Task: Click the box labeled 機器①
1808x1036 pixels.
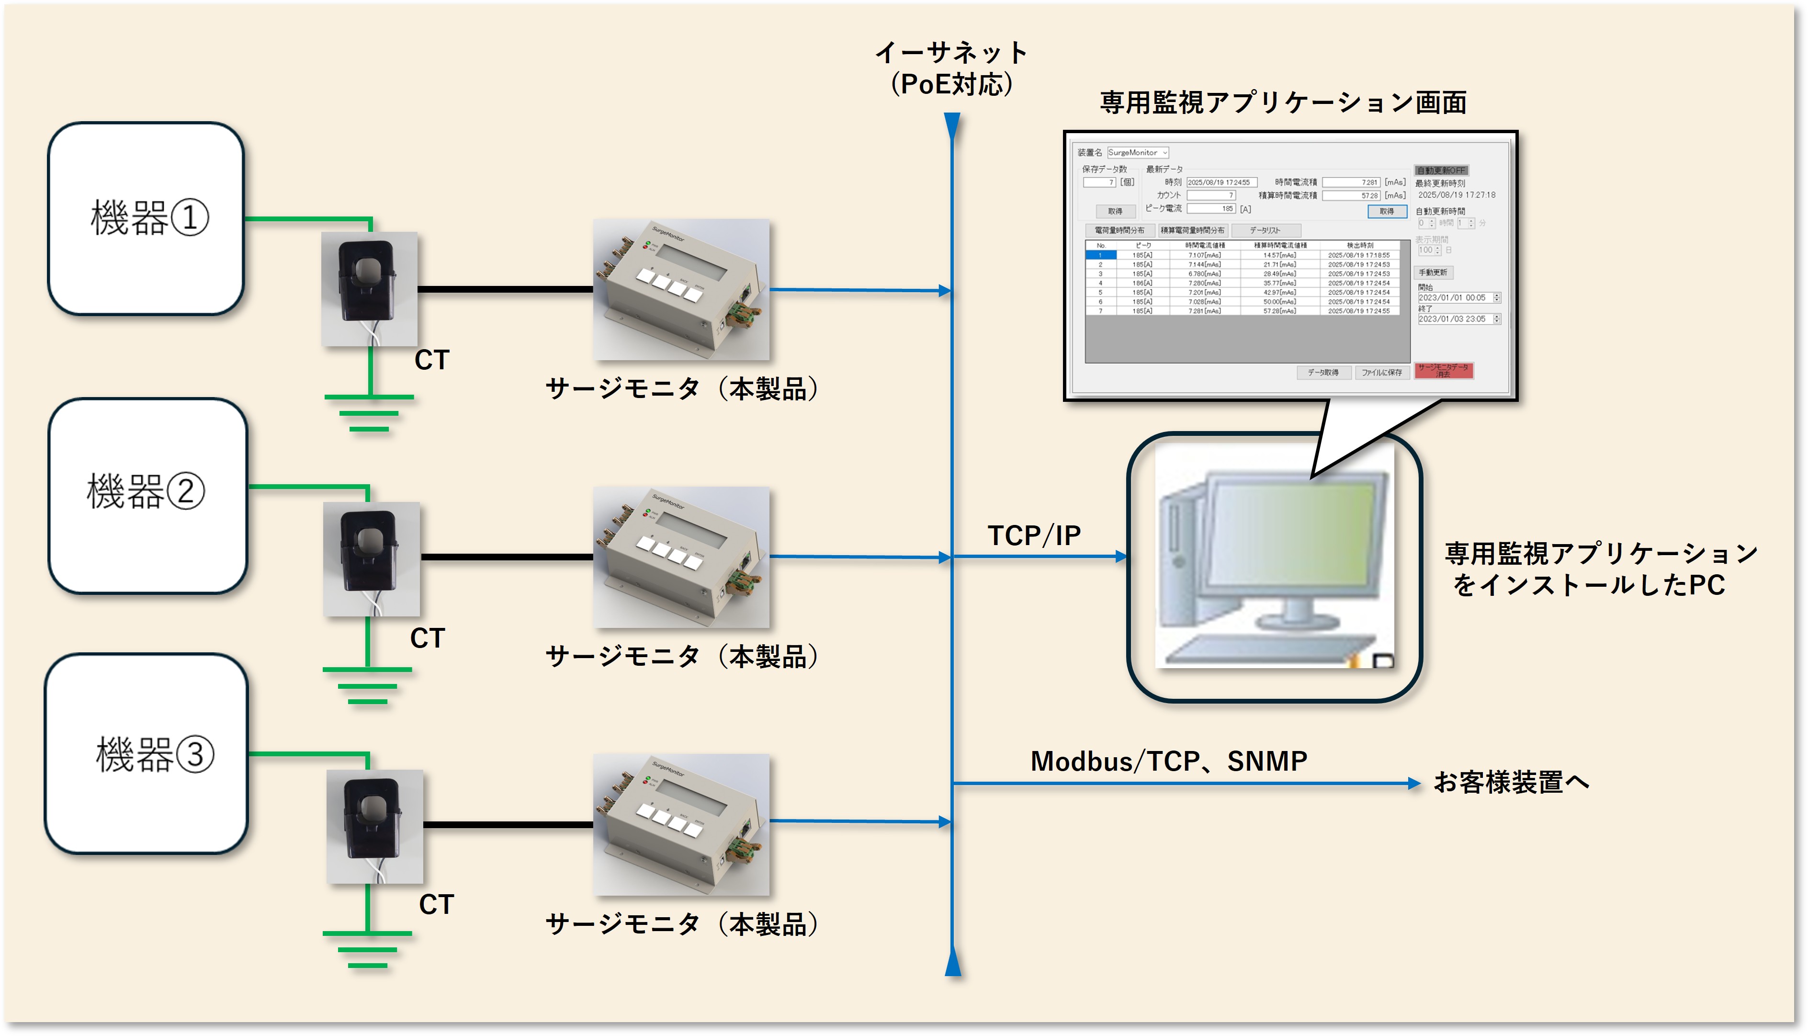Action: click(x=147, y=218)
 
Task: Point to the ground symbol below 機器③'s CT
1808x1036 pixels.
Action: click(x=367, y=949)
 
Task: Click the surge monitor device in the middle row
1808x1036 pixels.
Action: click(x=681, y=557)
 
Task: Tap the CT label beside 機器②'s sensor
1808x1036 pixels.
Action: click(x=428, y=638)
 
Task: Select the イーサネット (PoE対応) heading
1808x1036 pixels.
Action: click(x=951, y=68)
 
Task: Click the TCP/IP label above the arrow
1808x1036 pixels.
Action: click(x=1034, y=535)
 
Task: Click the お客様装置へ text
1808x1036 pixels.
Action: click(x=1511, y=782)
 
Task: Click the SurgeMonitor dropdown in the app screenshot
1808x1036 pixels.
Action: click(x=1137, y=152)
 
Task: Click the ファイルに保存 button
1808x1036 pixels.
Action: click(x=1381, y=372)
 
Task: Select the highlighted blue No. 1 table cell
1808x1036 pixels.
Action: click(x=1100, y=255)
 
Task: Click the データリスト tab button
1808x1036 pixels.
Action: click(x=1266, y=230)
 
